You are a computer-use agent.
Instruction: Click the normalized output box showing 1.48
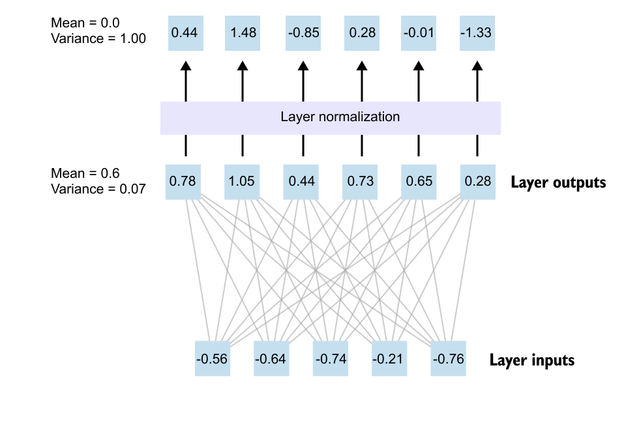coord(243,33)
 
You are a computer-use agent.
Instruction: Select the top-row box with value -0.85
coord(303,33)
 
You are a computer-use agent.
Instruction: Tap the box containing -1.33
coord(477,33)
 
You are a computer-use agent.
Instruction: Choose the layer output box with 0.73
coord(361,182)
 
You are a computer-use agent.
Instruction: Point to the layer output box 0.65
coord(418,182)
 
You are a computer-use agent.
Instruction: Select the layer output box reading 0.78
coord(183,182)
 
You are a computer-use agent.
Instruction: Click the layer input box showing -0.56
coord(213,358)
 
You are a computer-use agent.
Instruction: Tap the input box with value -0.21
coord(389,358)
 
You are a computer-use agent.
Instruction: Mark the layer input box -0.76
coord(448,358)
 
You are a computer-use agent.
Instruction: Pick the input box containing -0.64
coord(271,358)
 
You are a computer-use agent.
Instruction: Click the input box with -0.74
coord(331,358)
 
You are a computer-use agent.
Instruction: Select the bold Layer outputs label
coord(558,182)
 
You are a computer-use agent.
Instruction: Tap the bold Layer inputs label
coord(532,360)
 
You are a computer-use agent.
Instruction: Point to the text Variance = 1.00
coord(98,38)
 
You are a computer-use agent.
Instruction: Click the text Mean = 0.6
coord(85,173)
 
